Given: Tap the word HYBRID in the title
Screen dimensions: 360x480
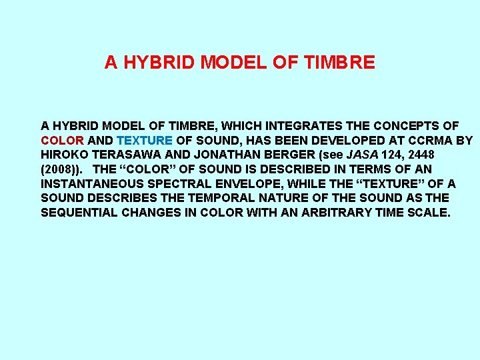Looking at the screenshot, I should [159, 63].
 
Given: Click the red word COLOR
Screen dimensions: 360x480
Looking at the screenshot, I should [62, 141].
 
